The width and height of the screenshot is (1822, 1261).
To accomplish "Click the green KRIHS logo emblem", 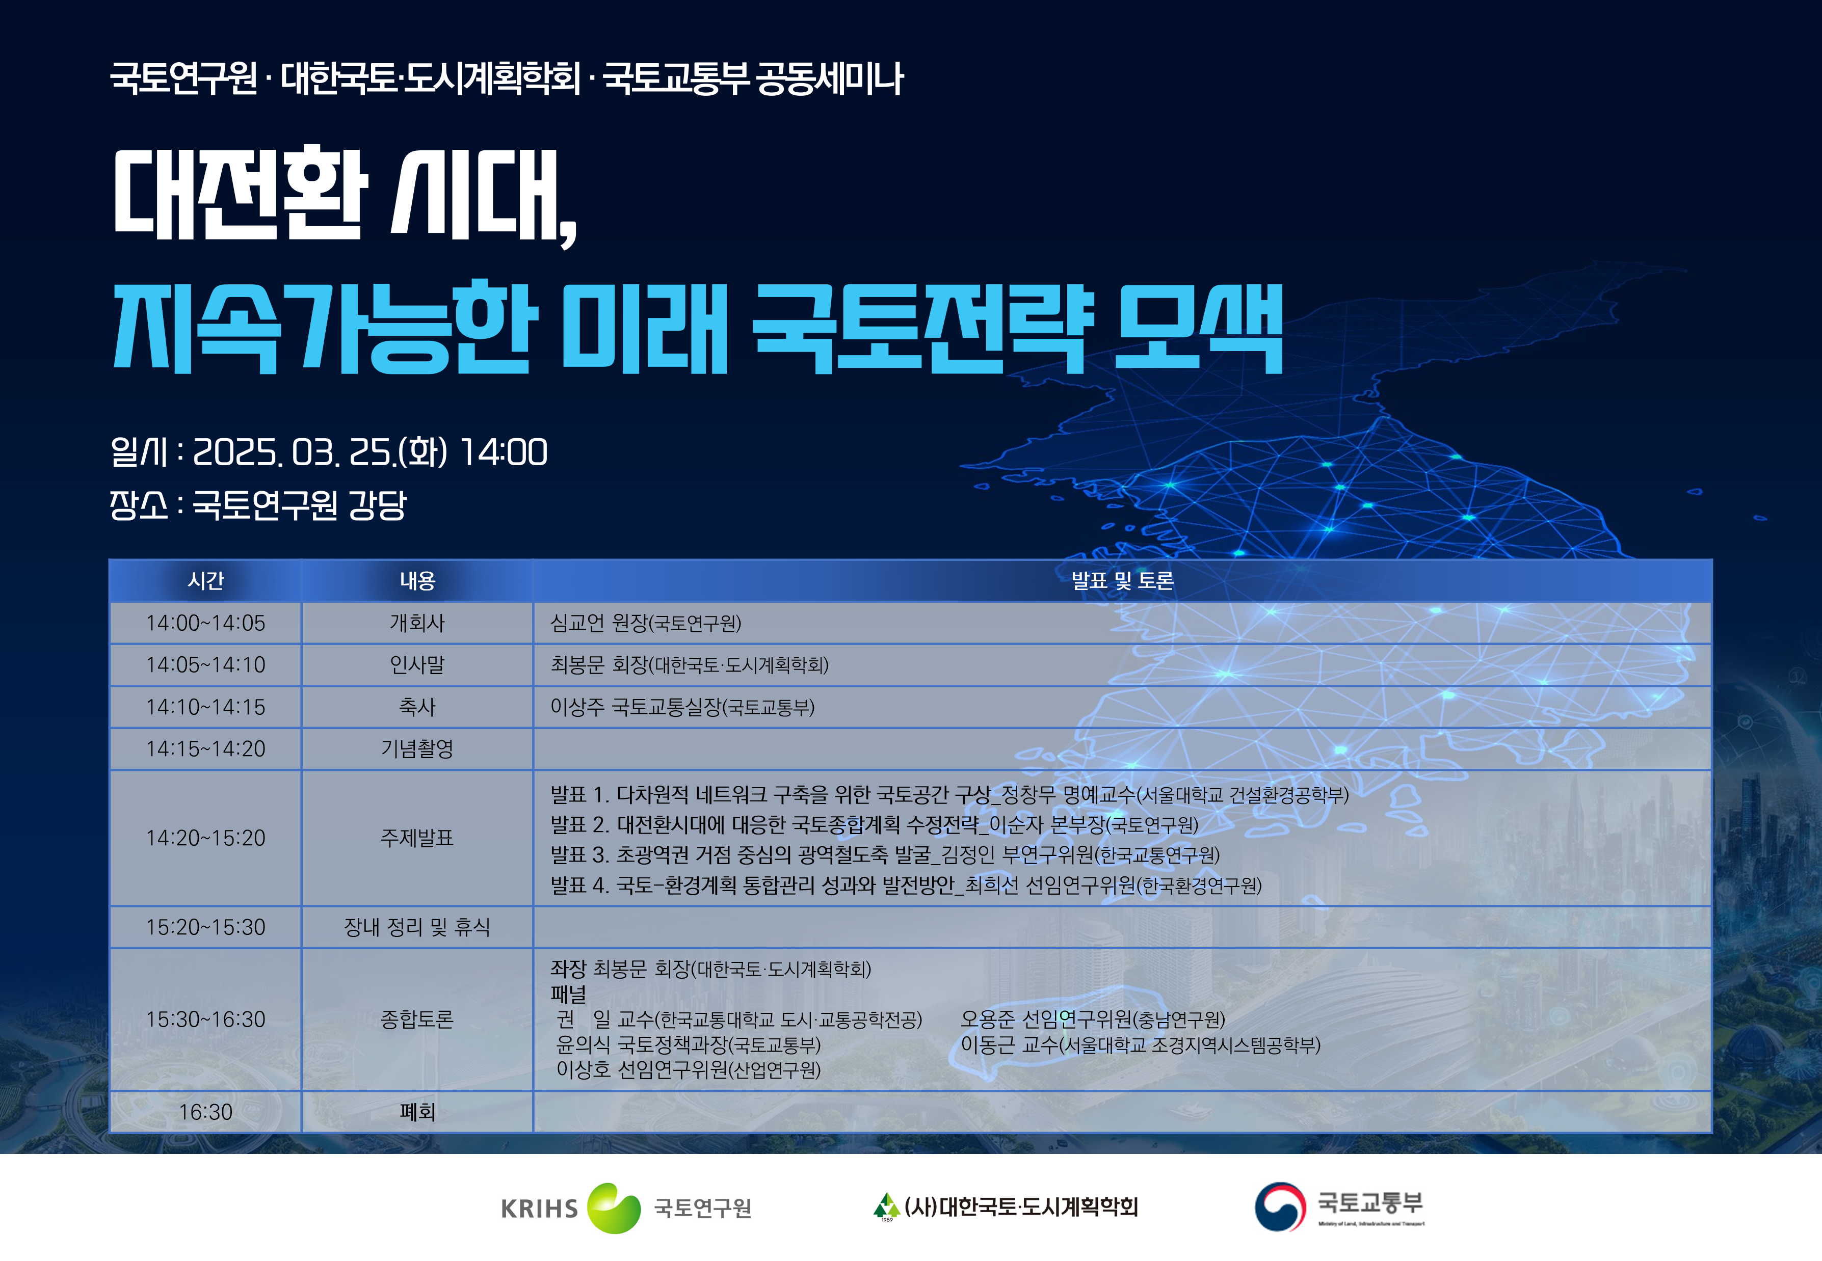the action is [614, 1208].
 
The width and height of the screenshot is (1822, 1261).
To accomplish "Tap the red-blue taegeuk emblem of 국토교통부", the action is [1280, 1206].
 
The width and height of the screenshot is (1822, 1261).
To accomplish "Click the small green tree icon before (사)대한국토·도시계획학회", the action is [886, 1205].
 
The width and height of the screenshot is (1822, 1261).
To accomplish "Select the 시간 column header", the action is [205, 581].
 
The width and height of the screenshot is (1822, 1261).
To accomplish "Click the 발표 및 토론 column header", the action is [1122, 581].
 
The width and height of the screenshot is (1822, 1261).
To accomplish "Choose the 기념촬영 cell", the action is [417, 748].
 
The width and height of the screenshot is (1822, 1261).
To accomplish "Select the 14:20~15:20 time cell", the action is [205, 838].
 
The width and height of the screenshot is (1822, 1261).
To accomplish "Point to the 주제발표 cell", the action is [417, 838].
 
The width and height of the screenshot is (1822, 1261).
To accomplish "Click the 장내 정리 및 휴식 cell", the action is [417, 927].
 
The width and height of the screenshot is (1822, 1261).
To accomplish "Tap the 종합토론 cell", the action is [417, 1019].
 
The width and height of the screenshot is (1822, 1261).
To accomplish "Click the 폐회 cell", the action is [417, 1112].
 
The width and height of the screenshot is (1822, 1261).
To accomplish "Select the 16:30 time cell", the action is [205, 1112].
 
